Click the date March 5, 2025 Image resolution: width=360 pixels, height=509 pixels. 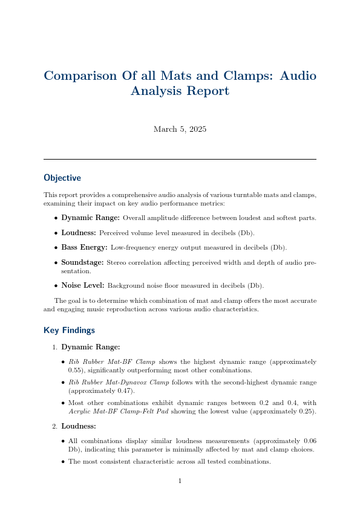(180, 129)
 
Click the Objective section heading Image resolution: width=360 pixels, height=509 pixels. (62, 178)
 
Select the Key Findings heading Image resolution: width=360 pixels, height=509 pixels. (69, 330)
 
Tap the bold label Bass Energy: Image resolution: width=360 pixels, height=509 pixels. (84, 247)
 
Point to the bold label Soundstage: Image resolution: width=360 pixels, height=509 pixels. (82, 262)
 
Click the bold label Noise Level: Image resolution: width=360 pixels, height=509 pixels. (83, 285)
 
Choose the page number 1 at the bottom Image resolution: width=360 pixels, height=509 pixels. (180, 481)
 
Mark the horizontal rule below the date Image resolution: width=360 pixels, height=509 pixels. (180, 159)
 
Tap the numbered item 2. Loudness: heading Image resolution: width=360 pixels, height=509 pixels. (82, 426)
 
